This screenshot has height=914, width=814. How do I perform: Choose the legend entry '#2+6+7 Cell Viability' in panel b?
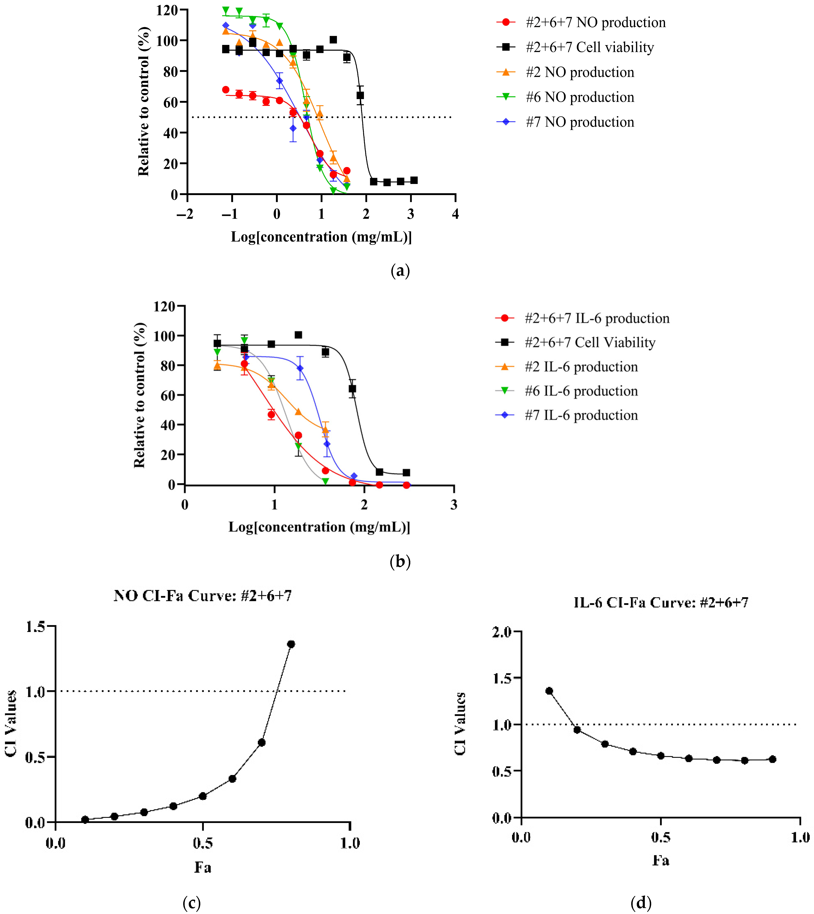click(x=589, y=343)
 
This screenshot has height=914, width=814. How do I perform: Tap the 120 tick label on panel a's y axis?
click(x=166, y=10)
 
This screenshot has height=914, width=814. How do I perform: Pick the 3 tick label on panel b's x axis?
click(x=454, y=505)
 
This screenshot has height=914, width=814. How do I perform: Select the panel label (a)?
click(x=400, y=271)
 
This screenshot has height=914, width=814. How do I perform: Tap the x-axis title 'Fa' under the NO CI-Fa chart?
click(x=203, y=867)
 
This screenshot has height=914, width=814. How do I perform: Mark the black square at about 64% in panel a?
click(x=360, y=95)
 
